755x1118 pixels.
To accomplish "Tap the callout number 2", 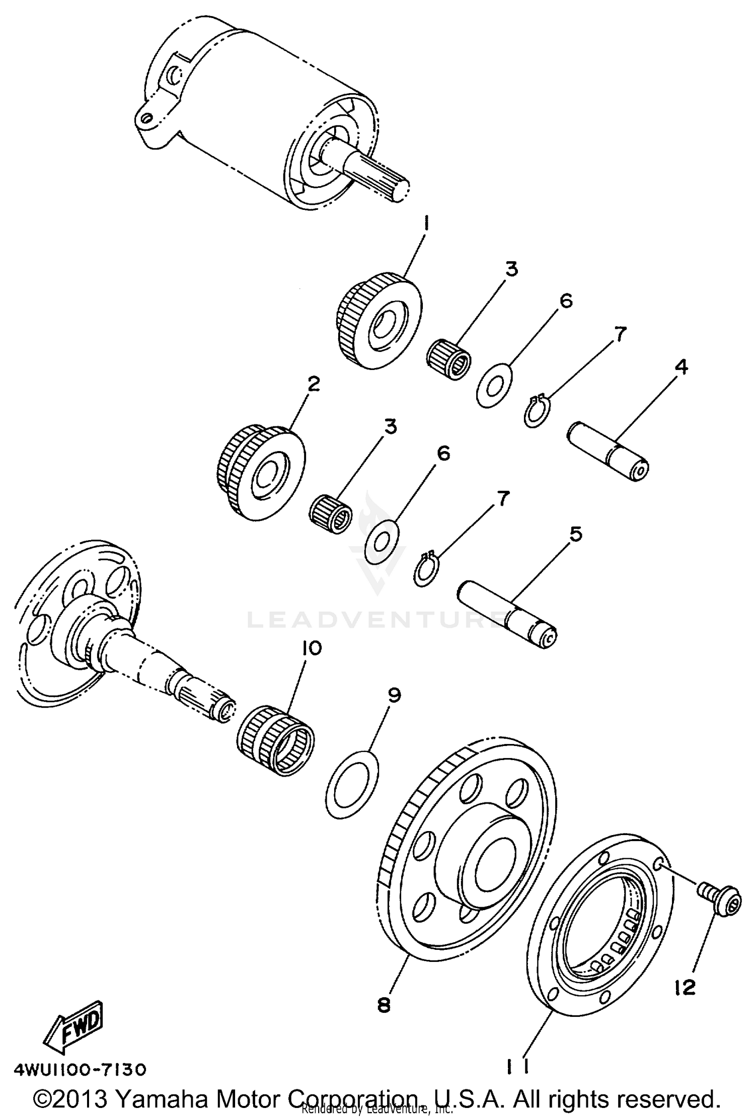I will (x=313, y=385).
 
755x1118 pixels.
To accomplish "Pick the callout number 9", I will (x=394, y=696).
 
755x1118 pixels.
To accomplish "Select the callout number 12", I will (x=685, y=988).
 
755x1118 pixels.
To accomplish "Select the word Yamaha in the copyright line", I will (x=157, y=1099).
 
